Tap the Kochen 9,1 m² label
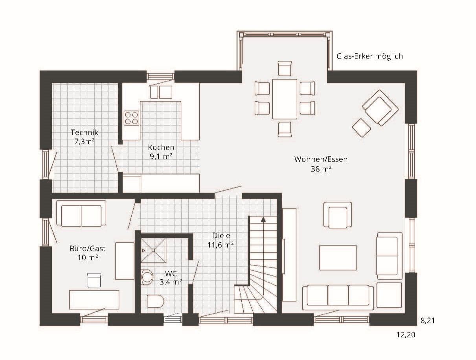coord(161,152)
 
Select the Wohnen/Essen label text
coord(321,159)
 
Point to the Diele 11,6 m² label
coord(221,240)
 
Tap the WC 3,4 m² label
coord(171,278)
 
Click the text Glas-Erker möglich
coord(369,56)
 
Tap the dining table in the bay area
coord(285,99)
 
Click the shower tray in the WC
coord(153,250)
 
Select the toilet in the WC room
coord(155,301)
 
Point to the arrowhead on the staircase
coord(263,219)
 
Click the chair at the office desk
coord(94,281)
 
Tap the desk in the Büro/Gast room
coord(94,300)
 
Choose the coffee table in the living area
coord(338,258)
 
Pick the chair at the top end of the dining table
coord(285,68)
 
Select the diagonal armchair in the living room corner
coord(380,108)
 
